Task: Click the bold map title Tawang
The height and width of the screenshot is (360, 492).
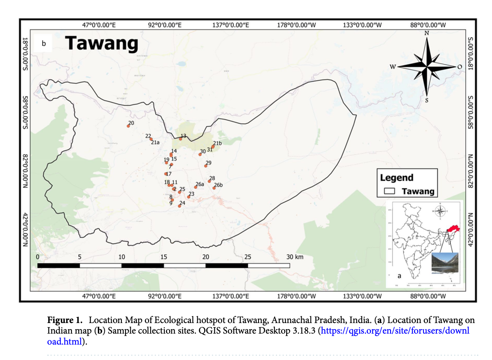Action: (x=101, y=43)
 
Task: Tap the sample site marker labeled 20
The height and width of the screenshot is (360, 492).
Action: (x=128, y=126)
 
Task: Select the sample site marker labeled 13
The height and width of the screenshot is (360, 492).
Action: (x=181, y=139)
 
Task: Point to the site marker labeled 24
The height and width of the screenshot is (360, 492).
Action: (x=179, y=206)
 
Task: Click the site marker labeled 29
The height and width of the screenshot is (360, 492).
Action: (x=206, y=166)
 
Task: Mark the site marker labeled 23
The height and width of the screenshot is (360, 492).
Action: (x=188, y=197)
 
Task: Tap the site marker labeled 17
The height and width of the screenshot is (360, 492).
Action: (x=166, y=174)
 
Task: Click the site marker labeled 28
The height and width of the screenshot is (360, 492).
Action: (x=209, y=181)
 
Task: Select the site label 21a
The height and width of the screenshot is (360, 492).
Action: (x=155, y=143)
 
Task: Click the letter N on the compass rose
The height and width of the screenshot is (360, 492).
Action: (x=427, y=33)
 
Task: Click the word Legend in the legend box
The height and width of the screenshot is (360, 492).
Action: (x=397, y=178)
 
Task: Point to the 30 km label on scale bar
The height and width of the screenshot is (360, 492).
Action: (x=294, y=257)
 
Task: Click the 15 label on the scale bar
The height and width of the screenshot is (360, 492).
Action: (x=164, y=257)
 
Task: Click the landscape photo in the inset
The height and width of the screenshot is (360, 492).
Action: (x=445, y=263)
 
